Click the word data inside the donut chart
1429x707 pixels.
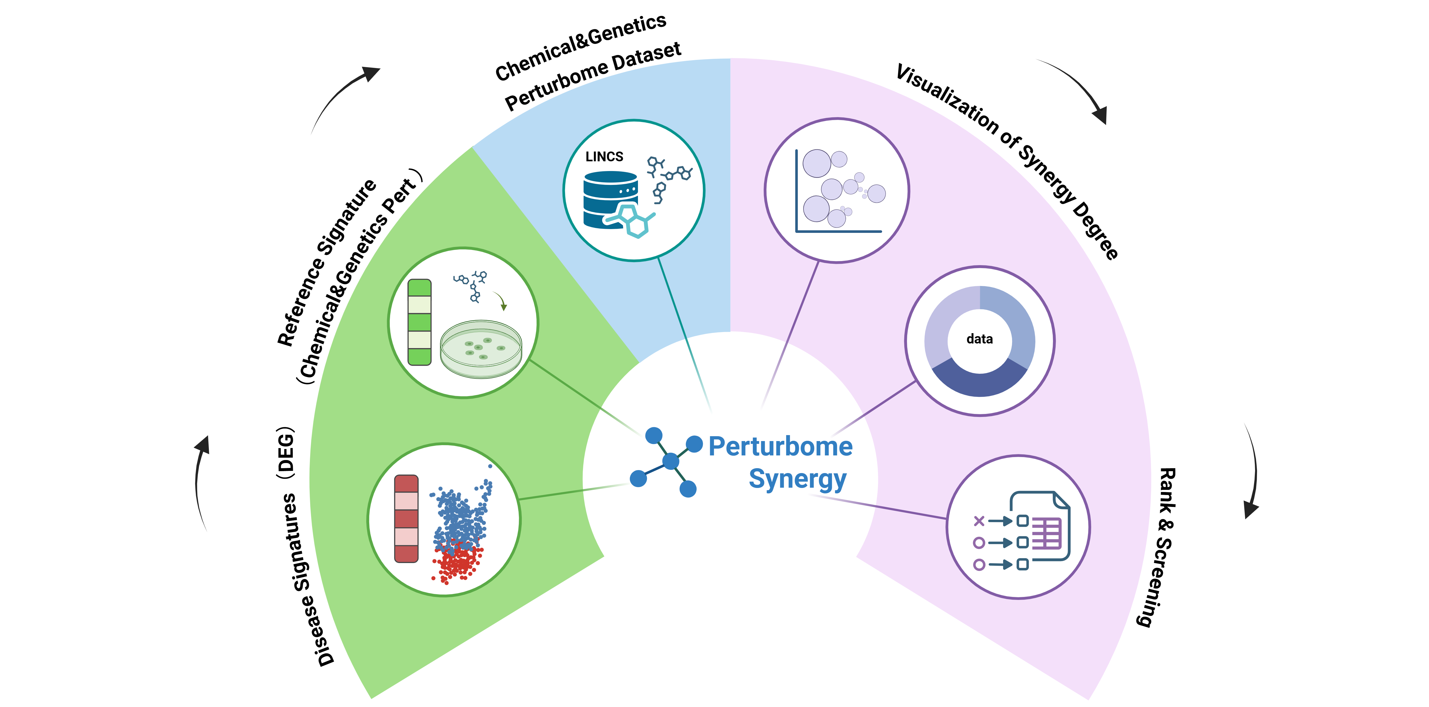coord(979,339)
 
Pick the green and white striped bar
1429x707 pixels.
coord(419,322)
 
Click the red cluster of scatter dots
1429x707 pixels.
coord(458,563)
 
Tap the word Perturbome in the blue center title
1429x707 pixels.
coord(780,447)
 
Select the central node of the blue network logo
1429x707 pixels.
coord(671,461)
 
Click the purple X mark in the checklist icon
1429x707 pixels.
coord(979,520)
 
